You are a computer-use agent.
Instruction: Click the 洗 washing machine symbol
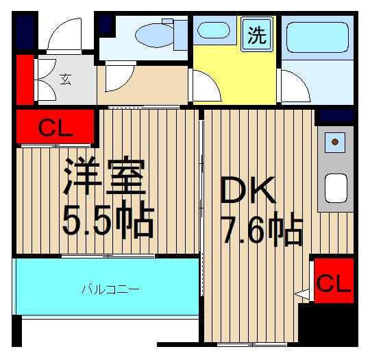click(256, 34)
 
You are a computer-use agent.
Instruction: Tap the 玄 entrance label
click(65, 80)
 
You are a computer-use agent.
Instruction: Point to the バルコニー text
click(110, 289)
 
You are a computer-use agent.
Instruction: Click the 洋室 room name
click(105, 176)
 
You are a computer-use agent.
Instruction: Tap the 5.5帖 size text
click(108, 219)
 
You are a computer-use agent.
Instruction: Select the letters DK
click(248, 190)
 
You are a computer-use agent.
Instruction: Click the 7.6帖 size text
click(263, 229)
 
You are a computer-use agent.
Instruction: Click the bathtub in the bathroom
click(317, 37)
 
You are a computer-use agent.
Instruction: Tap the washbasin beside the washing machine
click(213, 30)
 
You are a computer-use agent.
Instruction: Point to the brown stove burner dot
click(335, 142)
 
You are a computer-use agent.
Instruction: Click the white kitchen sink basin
click(336, 189)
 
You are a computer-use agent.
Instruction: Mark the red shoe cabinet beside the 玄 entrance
click(25, 80)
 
